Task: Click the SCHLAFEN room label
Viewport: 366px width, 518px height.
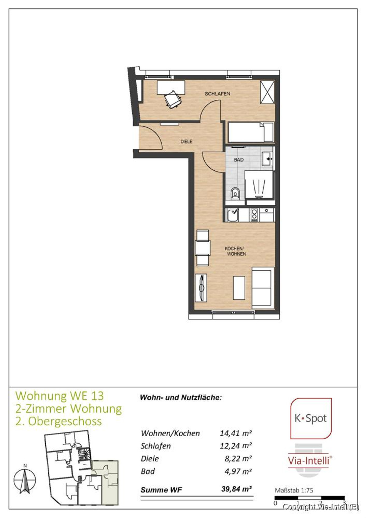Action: coord(217,94)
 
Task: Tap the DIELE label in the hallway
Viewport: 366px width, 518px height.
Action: coord(186,141)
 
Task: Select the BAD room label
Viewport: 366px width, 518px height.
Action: coord(239,160)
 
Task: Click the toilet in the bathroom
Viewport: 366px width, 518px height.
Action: coord(235,193)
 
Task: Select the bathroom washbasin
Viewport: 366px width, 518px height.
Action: coord(267,159)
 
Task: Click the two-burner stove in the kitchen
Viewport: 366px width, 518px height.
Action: coord(254,215)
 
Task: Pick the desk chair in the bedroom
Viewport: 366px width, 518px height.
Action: coord(172,99)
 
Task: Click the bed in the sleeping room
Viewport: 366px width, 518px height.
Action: coord(251,132)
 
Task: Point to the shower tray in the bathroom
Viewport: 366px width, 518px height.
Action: coord(259,184)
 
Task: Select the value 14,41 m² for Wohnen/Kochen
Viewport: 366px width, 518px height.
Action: coord(236,433)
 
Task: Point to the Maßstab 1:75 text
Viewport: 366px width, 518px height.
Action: coord(294,490)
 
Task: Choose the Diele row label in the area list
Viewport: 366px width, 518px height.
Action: coord(150,458)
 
